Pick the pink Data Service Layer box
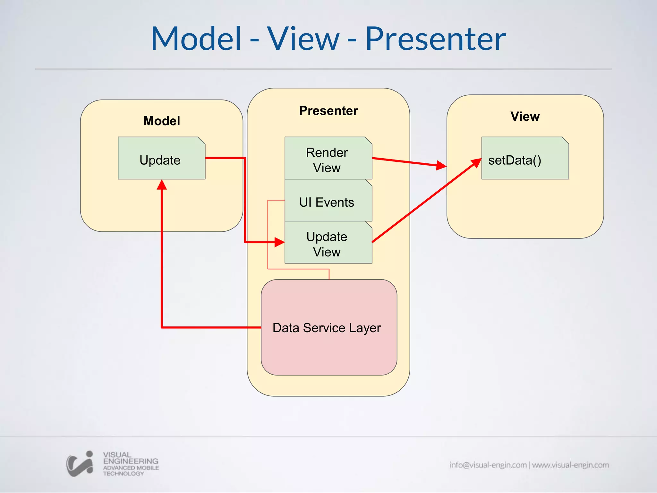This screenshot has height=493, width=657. [x=329, y=327]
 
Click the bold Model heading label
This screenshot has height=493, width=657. [x=161, y=121]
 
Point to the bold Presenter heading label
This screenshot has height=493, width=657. [x=328, y=111]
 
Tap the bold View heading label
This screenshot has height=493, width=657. [x=525, y=117]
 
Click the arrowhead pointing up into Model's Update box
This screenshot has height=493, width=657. [x=162, y=185]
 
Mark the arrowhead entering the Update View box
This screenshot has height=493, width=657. [x=279, y=242]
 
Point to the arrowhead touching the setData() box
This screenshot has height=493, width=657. [x=476, y=163]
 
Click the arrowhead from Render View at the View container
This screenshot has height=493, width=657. [x=441, y=166]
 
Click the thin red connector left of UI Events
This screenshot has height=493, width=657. [x=268, y=234]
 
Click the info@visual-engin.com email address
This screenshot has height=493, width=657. [x=488, y=465]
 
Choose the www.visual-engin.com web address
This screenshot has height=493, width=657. [x=570, y=465]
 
